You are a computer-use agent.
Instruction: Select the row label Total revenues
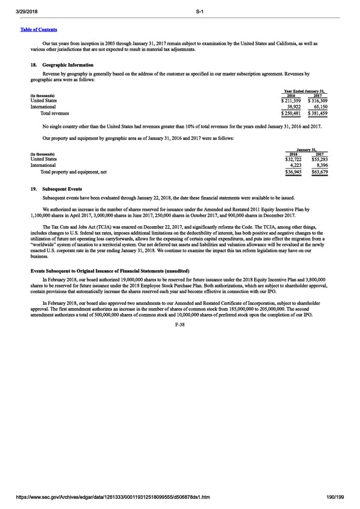55,113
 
